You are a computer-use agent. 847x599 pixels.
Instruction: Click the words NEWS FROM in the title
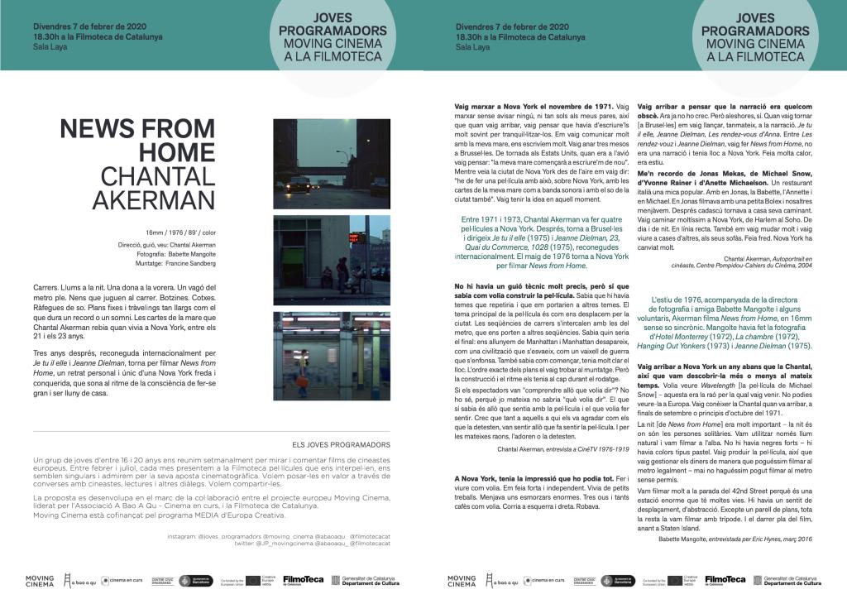tap(137, 129)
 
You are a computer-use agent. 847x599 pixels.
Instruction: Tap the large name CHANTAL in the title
tap(157, 176)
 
